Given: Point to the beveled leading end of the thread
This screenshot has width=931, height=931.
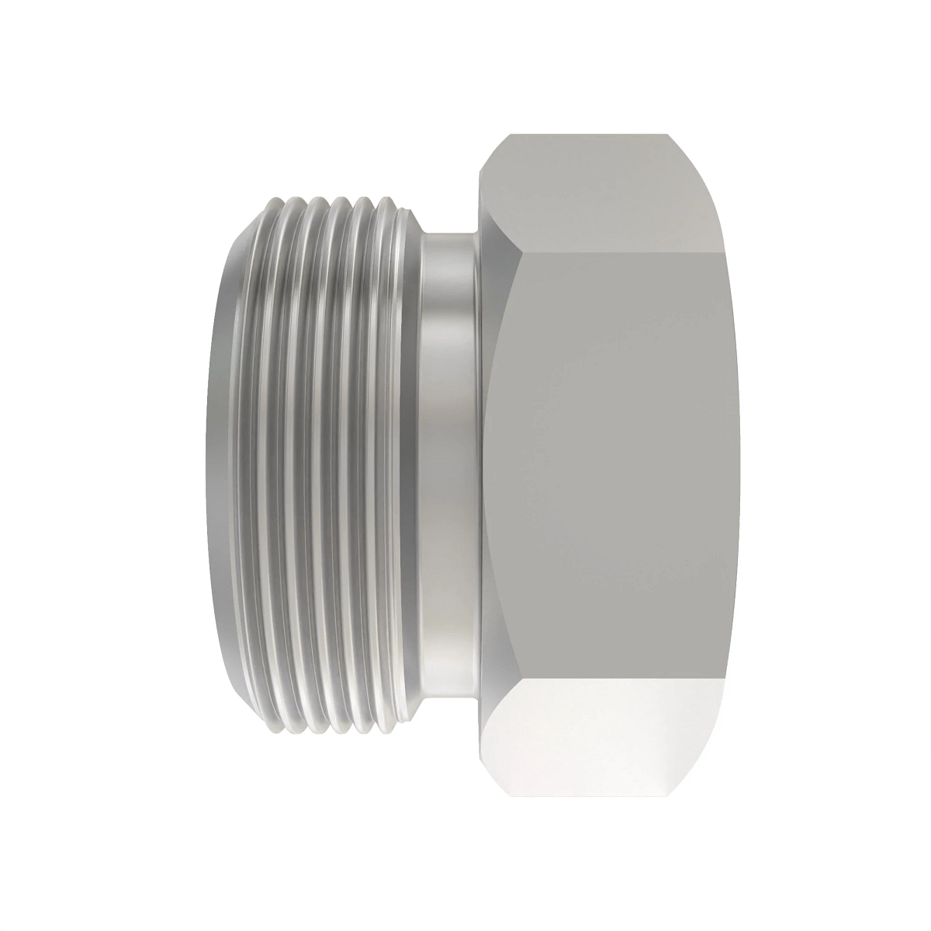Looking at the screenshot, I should [x=221, y=465].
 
